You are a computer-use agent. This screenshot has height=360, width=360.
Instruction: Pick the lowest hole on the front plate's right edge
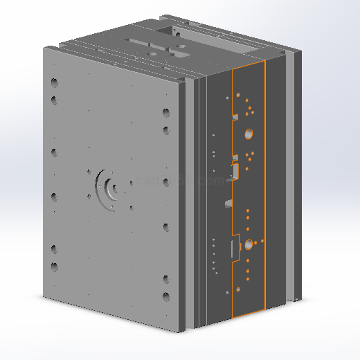(x=165, y=297)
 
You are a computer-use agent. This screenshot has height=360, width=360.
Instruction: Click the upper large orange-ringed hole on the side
(x=249, y=133)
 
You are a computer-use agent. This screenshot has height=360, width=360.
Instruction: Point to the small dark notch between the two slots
(x=227, y=204)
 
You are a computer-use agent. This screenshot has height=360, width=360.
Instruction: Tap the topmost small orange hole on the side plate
(x=237, y=93)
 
